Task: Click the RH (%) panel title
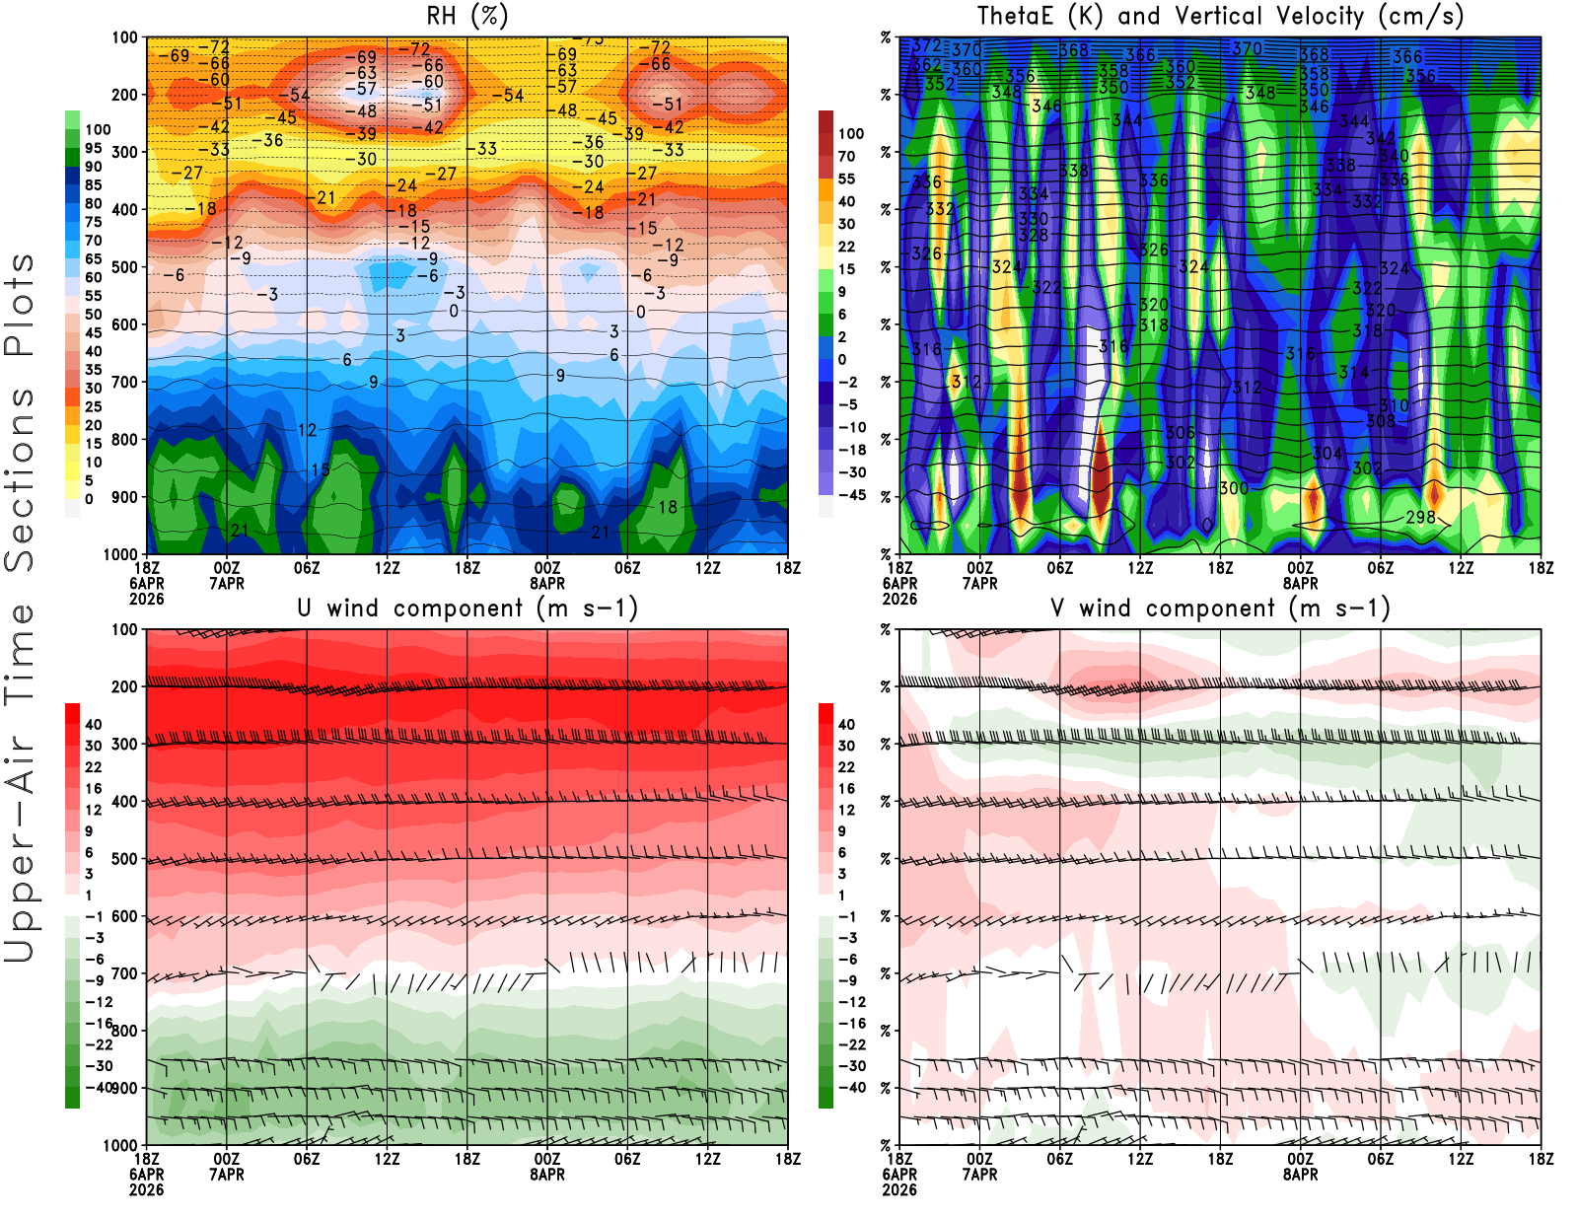tap(468, 16)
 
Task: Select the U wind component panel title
tap(467, 609)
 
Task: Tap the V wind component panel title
tap(1220, 609)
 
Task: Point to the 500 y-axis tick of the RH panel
tap(124, 267)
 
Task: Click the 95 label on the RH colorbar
tap(94, 148)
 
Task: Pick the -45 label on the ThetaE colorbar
tap(852, 495)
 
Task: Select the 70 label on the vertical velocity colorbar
tap(846, 156)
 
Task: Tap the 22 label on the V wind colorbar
tap(846, 767)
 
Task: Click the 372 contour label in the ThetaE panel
tap(927, 45)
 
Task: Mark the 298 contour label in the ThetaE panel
tap(1420, 517)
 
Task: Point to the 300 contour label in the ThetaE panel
tap(1234, 488)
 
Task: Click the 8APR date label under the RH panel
tap(547, 583)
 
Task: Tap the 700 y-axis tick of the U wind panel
tap(124, 973)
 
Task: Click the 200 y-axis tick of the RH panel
tap(124, 95)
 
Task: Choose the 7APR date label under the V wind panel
tap(979, 1175)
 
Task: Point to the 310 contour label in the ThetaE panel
tap(1394, 405)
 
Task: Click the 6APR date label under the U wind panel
tap(146, 1175)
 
